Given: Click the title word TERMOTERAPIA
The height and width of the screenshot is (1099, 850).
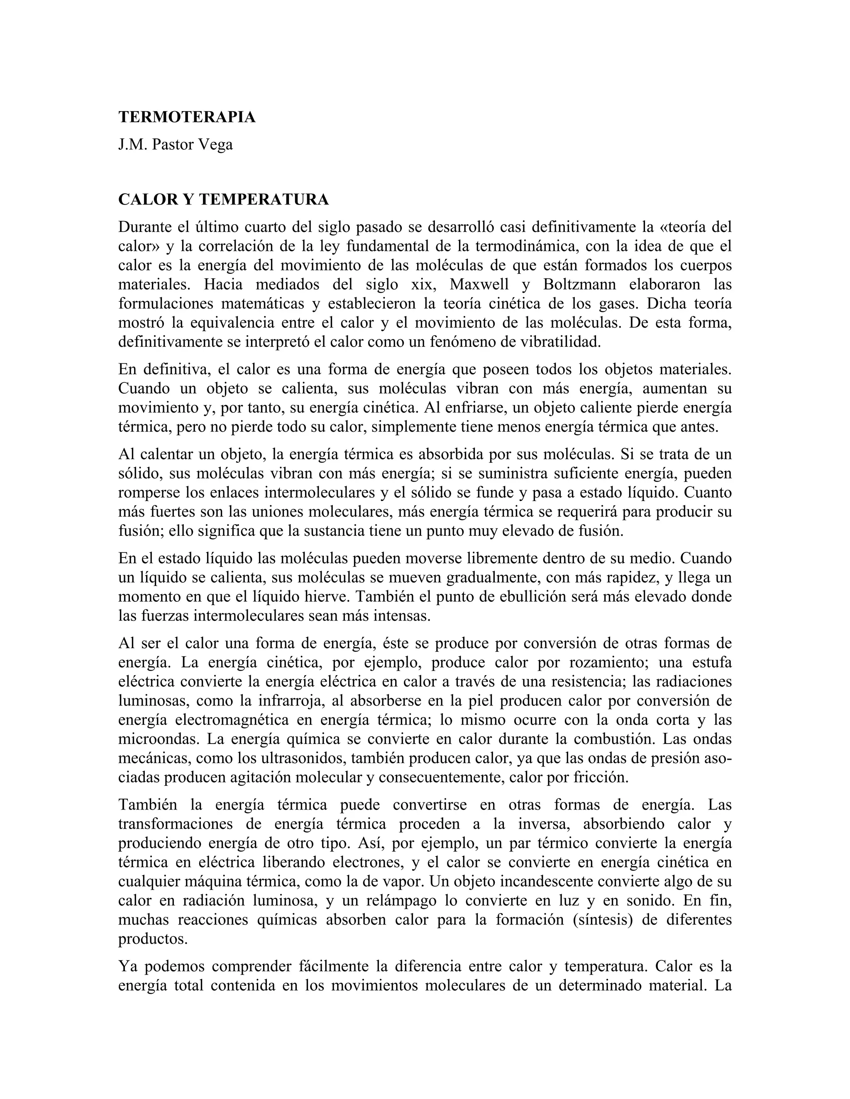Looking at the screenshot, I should point(187,117).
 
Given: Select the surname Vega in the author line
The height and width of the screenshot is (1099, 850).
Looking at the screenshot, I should point(215,145).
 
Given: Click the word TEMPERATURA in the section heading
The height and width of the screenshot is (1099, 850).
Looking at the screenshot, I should point(264,200).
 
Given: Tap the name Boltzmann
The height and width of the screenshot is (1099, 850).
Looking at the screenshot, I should point(579,285).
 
